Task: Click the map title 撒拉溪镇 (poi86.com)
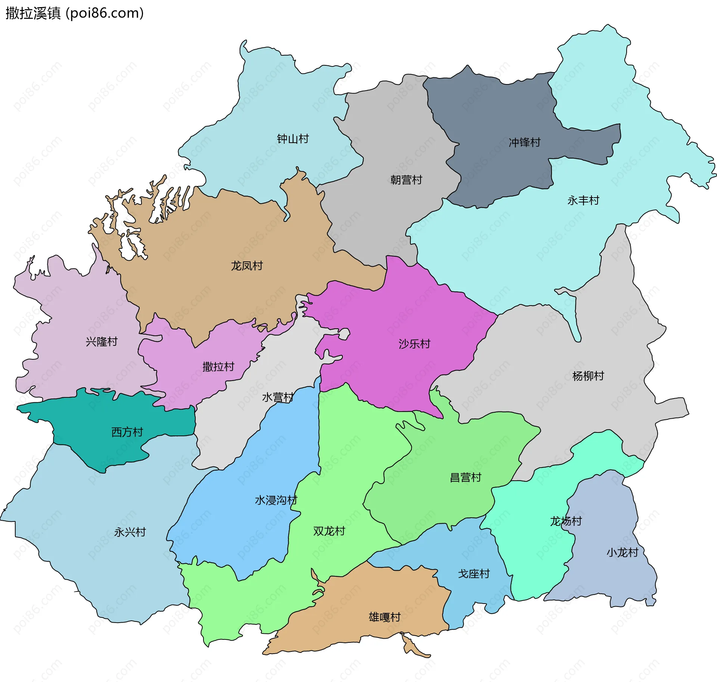[x=75, y=13]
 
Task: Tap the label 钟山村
[x=293, y=139]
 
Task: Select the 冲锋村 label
[x=524, y=142]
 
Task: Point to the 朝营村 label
[x=406, y=180]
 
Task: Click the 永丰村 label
[x=583, y=201]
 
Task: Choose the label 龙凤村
[x=246, y=266]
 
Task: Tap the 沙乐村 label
[x=414, y=344]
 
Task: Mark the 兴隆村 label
[x=101, y=341]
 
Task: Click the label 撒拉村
[x=218, y=366]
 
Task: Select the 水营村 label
[x=277, y=397]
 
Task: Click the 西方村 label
[x=127, y=432]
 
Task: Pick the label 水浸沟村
[x=276, y=500]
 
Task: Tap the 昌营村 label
[x=465, y=477]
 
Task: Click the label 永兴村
[x=130, y=532]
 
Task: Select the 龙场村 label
[x=566, y=521]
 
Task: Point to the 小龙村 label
[x=622, y=552]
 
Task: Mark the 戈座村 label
[x=474, y=574]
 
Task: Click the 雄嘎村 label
[x=384, y=617]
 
